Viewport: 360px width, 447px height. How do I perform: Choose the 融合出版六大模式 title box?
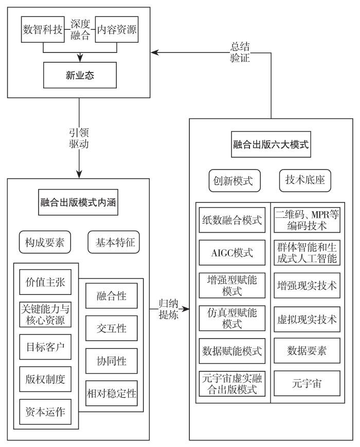271,145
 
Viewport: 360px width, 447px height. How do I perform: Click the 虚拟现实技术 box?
307,319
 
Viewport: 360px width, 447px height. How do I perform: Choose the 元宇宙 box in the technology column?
307,383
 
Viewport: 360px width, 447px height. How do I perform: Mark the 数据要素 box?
307,351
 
